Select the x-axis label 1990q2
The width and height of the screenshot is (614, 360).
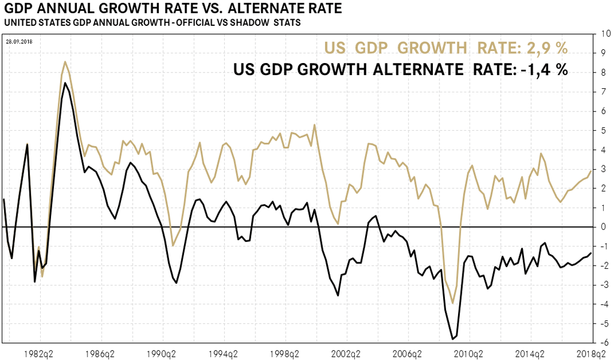coord(162,354)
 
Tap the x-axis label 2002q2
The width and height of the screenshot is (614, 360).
coord(347,354)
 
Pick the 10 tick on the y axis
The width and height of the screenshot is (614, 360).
coord(600,34)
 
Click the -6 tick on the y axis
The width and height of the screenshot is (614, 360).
coord(600,343)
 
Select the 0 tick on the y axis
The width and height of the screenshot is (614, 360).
coord(600,227)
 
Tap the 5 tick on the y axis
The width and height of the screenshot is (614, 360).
coord(600,130)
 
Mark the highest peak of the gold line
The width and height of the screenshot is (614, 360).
coord(65,62)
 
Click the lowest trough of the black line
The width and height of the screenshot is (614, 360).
coord(453,340)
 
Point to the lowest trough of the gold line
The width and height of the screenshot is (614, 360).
coord(453,303)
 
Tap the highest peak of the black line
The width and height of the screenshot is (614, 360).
coord(65,83)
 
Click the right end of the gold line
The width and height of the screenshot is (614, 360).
coord(591,171)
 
